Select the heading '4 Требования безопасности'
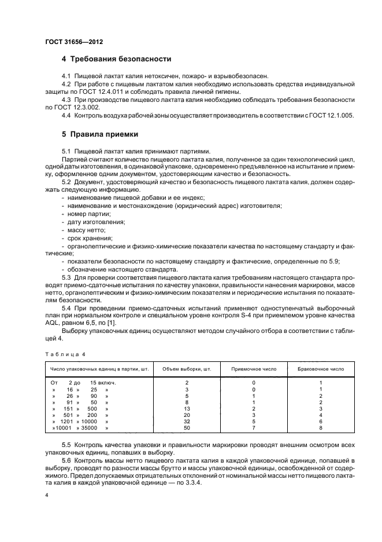pos(116,60)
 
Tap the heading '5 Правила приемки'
pos(99,134)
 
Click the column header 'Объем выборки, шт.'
pos(187,368)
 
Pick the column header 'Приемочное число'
pos(254,368)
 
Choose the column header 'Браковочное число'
pos(320,368)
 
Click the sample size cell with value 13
pos(187,408)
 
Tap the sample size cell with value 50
pos(187,428)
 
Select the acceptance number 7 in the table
pos(254,428)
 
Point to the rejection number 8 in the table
pos(320,428)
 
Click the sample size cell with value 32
pos(187,422)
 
